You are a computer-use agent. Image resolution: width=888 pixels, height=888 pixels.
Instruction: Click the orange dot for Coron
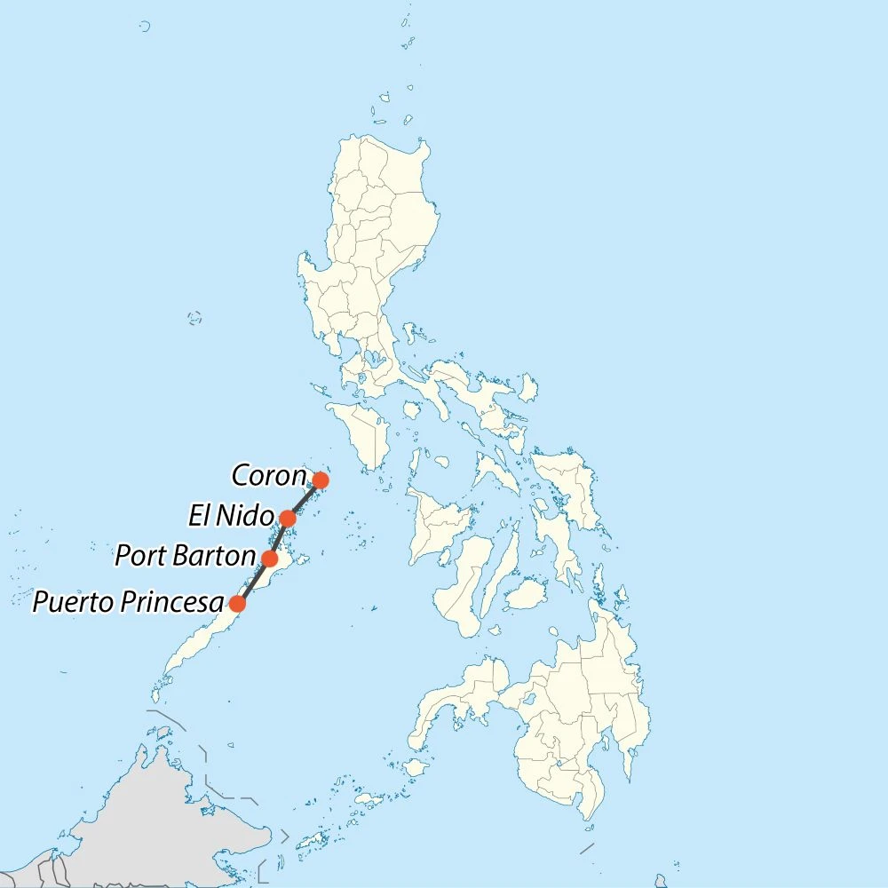tap(321, 480)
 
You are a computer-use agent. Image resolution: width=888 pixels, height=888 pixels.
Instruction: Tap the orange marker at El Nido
tap(288, 518)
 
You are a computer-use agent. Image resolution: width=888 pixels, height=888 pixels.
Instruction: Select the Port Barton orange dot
tap(269, 559)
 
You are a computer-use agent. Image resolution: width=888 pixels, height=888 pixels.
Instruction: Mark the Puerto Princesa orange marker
tap(237, 604)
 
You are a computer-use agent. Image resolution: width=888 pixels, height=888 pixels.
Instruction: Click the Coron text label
tap(268, 476)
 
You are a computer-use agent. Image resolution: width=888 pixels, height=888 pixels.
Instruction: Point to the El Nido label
tap(230, 515)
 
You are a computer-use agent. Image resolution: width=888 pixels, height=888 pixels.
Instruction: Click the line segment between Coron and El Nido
tap(305, 499)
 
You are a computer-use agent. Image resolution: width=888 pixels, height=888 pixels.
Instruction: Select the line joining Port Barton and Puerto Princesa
tap(253, 582)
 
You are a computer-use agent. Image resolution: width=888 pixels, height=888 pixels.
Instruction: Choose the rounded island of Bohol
tap(527, 594)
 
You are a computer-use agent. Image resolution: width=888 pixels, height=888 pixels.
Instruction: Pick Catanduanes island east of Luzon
tap(529, 387)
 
